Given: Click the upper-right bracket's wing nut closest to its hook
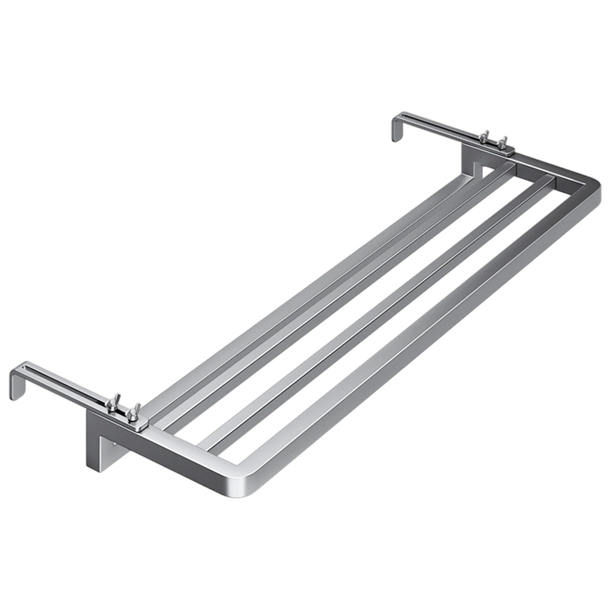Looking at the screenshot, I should (x=484, y=136).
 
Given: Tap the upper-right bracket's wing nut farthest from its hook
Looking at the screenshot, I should (x=503, y=142).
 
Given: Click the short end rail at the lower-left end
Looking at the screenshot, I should (x=183, y=450).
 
